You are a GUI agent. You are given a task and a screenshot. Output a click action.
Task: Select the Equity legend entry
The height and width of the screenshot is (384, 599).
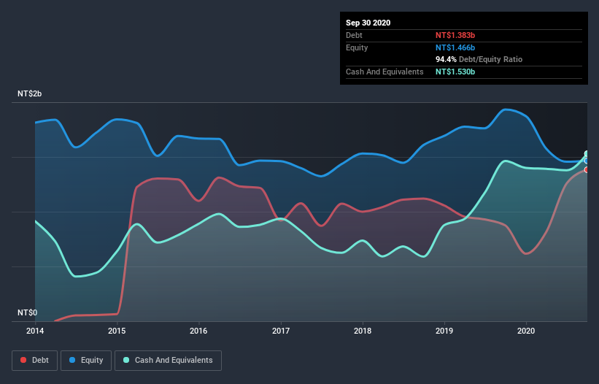point(87,360)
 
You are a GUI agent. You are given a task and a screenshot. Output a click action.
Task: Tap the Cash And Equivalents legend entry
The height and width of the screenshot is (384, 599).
point(168,360)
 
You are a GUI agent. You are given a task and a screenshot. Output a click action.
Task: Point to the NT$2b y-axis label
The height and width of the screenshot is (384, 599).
point(30,95)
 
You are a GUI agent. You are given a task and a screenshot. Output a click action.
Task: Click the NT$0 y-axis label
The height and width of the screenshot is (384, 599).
point(28,312)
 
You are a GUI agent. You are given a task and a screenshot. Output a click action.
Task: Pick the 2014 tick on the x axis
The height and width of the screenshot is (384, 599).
point(35,330)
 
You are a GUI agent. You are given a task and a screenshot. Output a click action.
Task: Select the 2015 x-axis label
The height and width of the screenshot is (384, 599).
point(117,330)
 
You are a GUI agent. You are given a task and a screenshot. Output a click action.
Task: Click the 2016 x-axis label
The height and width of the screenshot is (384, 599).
point(198,330)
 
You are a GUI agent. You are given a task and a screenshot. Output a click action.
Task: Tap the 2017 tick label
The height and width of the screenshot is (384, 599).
point(280,330)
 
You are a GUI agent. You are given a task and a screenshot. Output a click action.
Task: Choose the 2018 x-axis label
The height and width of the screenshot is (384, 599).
point(362,330)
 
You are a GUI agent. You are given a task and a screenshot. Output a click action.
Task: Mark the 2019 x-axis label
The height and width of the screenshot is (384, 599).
point(444,330)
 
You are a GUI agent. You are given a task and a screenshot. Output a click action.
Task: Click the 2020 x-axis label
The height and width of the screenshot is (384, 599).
point(525,330)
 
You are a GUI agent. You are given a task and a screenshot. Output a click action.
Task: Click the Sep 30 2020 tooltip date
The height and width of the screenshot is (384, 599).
point(368,23)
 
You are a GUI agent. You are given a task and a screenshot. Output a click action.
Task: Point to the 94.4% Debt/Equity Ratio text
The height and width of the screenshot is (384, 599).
point(479,59)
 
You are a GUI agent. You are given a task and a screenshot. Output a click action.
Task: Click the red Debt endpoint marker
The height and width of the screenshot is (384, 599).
point(587,169)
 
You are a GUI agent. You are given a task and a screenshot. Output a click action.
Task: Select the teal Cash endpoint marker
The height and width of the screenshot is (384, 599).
point(587,154)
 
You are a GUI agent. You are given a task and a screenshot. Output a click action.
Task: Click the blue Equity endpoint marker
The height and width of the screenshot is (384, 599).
point(587,161)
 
